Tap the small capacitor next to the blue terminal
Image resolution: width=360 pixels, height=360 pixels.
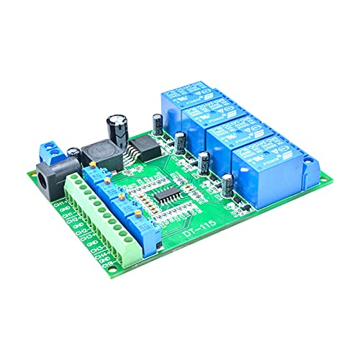[74, 153]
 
